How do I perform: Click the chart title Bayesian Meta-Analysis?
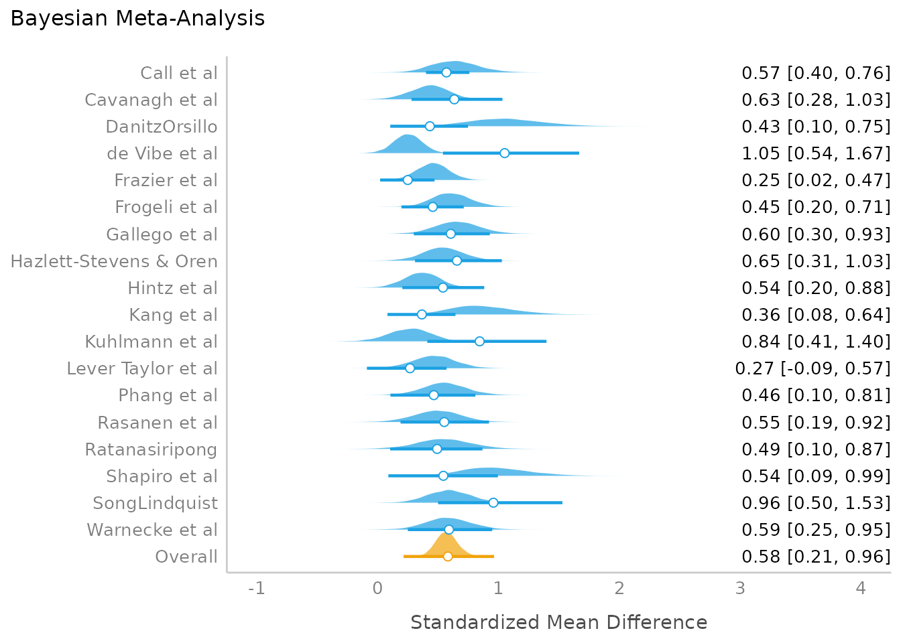click(137, 18)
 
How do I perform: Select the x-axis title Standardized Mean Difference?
click(558, 622)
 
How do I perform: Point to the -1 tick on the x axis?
click(257, 588)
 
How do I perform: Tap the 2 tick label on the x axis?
click(619, 588)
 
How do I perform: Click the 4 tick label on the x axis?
click(861, 588)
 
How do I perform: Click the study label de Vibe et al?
click(162, 153)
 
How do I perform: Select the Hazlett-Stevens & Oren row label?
click(114, 261)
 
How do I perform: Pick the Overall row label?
click(186, 557)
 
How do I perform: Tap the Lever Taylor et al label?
click(142, 368)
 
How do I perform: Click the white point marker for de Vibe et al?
click(504, 153)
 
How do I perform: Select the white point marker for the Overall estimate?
click(448, 556)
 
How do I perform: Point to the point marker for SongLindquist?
click(493, 502)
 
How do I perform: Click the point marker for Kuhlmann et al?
click(479, 341)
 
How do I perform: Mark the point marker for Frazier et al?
click(408, 180)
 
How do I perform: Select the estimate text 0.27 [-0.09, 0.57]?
click(813, 368)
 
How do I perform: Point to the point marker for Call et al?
click(446, 72)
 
